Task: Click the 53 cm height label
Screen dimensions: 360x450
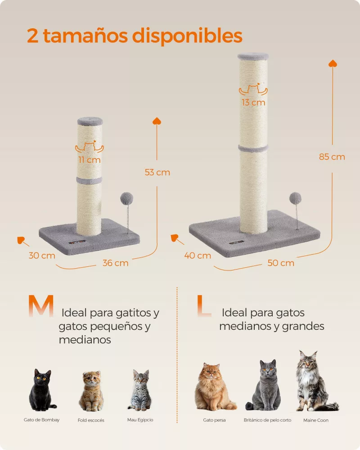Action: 157,172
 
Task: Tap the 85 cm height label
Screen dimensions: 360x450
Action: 332,157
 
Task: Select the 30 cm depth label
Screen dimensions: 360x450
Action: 42,256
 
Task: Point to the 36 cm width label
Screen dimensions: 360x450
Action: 115,263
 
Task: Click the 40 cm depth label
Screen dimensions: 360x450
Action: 198,256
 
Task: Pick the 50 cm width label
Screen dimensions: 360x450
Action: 281,263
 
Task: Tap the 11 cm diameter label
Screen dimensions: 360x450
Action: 90,160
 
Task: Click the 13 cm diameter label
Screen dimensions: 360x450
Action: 253,103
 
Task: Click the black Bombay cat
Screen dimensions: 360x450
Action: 42,390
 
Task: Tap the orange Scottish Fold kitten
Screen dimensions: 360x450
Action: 91,391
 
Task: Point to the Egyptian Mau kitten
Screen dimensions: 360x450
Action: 140,390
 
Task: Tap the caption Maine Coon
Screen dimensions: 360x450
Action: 316,420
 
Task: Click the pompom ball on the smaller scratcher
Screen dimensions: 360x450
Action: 126,198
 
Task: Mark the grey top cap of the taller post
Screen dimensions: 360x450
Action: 253,57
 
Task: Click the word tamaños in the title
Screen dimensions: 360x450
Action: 85,36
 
